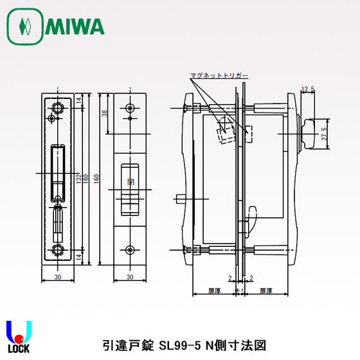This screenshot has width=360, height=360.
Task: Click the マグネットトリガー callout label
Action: (219, 76)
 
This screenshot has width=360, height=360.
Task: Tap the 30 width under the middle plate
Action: (130, 277)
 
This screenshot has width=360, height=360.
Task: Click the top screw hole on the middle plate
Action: (130, 107)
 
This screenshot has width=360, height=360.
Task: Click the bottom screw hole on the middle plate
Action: (130, 249)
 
